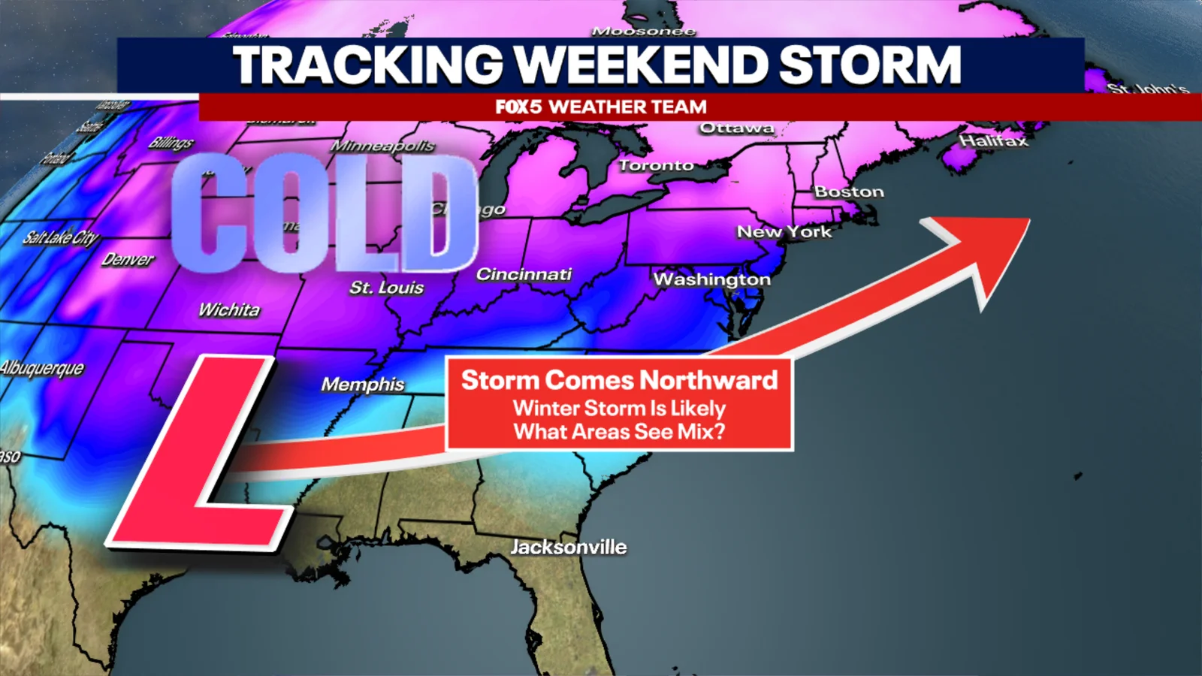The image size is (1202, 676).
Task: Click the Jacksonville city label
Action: (569, 547)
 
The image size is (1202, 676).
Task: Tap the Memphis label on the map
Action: (363, 385)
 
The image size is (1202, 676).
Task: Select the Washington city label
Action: (712, 279)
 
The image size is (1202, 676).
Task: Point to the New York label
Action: (784, 232)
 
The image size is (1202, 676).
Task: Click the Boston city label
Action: (849, 192)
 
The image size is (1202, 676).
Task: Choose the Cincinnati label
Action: (524, 275)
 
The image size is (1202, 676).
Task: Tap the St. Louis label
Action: (386, 288)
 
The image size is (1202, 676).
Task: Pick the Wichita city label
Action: (229, 309)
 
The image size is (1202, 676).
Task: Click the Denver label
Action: (128, 260)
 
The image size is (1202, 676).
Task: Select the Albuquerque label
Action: (42, 368)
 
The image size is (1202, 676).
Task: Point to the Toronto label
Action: (656, 165)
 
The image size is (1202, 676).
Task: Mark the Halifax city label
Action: (992, 141)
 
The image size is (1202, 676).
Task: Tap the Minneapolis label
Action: (382, 146)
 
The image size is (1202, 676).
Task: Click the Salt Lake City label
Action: (60, 238)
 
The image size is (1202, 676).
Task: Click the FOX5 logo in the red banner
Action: (518, 107)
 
